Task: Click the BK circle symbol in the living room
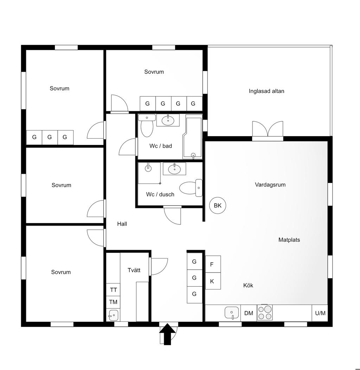[x=218, y=206]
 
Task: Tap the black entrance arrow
[x=168, y=335]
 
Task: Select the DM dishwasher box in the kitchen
[x=249, y=313]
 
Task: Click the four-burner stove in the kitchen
[x=265, y=312]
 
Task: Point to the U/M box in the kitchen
[x=320, y=313]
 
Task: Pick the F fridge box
[x=212, y=264]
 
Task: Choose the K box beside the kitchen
[x=212, y=281]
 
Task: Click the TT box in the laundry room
[x=113, y=290]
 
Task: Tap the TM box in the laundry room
[x=113, y=302]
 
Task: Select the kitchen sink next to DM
[x=232, y=312]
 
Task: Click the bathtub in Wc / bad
[x=192, y=138]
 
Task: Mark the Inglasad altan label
[x=266, y=91]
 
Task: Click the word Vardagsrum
[x=270, y=185]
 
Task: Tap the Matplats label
[x=289, y=240]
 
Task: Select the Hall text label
[x=122, y=224]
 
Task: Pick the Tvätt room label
[x=134, y=270]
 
